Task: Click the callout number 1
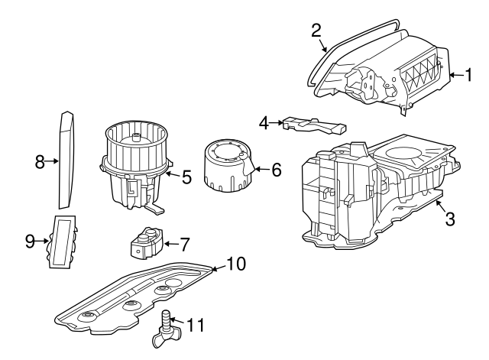[x=468, y=75]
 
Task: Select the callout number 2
[x=316, y=31]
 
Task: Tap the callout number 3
[x=450, y=219]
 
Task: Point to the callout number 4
[x=264, y=123]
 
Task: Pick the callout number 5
[x=186, y=177]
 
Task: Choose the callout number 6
[x=277, y=170]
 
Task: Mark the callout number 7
[x=185, y=245]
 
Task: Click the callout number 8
[x=40, y=162]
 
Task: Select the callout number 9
[x=30, y=242]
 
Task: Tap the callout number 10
[x=236, y=264]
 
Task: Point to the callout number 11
[x=196, y=325]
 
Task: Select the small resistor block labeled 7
[x=146, y=243]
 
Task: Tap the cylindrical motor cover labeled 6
[x=228, y=166]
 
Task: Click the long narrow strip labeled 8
[x=66, y=160]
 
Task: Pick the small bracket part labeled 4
[x=315, y=125]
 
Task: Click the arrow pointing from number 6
[x=262, y=170]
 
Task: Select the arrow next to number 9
[x=42, y=241]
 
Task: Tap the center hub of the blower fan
[x=136, y=138]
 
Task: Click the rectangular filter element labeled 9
[x=63, y=242]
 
